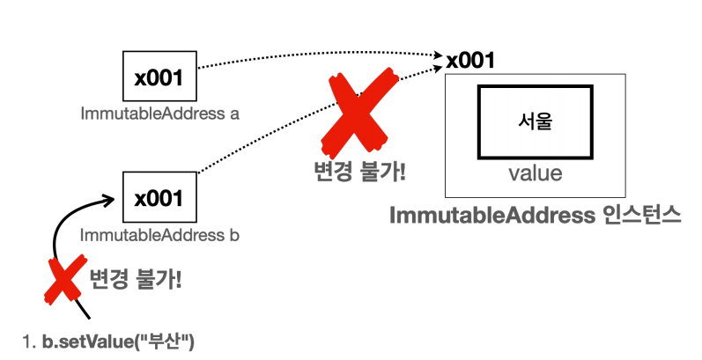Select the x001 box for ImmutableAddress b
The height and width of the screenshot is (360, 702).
(x=159, y=199)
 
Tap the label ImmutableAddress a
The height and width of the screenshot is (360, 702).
(x=160, y=114)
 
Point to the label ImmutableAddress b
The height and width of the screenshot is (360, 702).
(x=160, y=236)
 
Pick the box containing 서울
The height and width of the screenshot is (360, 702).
(x=535, y=121)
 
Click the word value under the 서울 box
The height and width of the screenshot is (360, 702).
(x=535, y=173)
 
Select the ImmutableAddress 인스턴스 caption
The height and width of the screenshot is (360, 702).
(x=535, y=217)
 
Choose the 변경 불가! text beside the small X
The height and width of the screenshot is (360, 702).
(x=137, y=281)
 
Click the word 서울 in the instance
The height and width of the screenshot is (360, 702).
(x=535, y=121)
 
